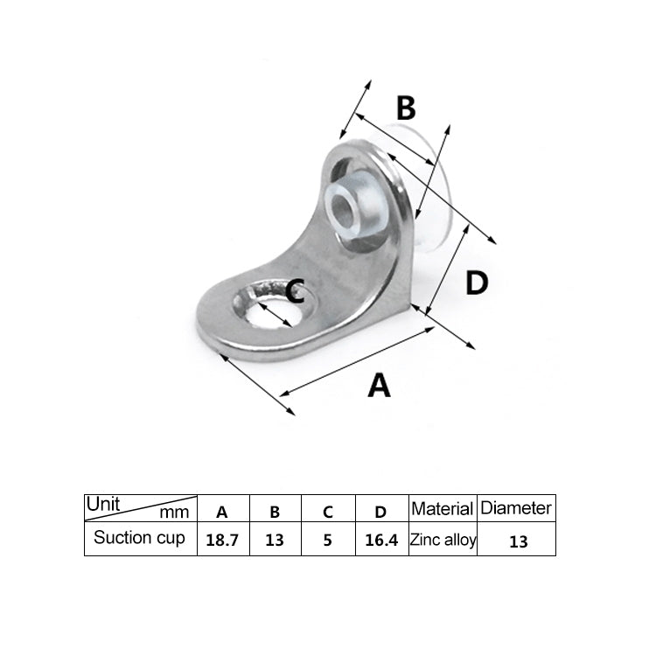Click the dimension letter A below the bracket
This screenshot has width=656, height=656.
[378, 385]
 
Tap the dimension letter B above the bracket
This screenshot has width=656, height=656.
[405, 108]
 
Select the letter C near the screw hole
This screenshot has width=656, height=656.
[296, 290]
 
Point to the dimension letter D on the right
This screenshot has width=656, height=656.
[476, 283]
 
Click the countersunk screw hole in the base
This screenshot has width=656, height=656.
[272, 308]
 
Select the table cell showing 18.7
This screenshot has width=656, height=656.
[222, 541]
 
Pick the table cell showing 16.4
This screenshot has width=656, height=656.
[381, 541]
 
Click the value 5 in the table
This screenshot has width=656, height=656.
[327, 541]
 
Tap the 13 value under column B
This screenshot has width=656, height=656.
[275, 541]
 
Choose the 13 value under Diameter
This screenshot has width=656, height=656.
[518, 541]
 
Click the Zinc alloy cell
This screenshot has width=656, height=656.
[443, 540]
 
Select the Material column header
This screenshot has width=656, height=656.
[443, 508]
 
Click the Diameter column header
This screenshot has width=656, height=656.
[517, 507]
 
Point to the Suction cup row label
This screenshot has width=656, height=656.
[139, 538]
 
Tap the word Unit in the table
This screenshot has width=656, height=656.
[102, 504]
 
